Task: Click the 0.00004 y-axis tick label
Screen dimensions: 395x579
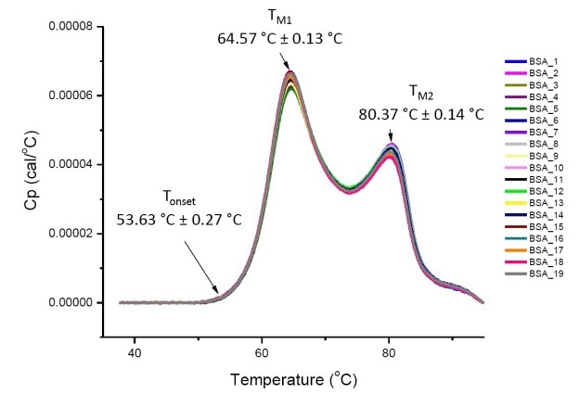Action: pos(72,164)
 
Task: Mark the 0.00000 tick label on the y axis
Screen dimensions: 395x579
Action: pos(72,302)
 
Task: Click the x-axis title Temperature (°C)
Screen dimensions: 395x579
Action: pos(295,379)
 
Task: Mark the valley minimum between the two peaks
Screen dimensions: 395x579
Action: pos(348,190)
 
